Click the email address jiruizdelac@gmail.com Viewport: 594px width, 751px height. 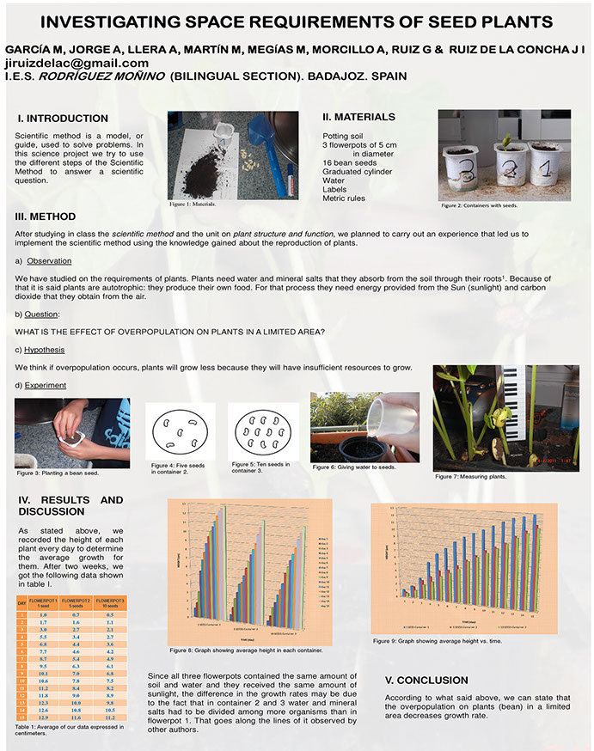point(77,63)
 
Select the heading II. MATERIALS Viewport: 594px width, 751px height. point(358,117)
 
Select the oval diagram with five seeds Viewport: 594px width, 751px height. point(180,431)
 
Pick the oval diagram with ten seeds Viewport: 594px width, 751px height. point(263,431)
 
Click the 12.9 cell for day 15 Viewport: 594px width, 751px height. point(43,717)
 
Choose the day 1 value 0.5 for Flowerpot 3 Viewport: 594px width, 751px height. point(109,615)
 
